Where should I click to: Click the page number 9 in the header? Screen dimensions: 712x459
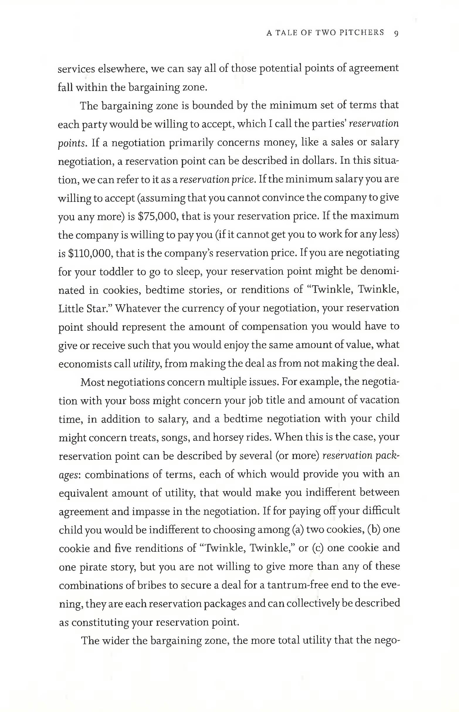tap(396, 33)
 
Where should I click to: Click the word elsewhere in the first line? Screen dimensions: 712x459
tap(122, 69)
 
